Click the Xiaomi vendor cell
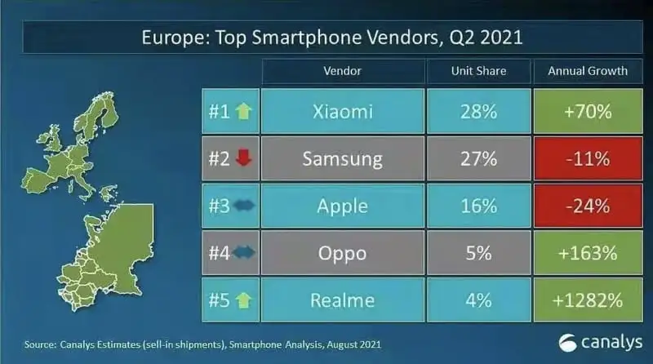click(343, 110)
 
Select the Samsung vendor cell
click(343, 158)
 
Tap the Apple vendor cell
click(343, 205)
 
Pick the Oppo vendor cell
click(343, 252)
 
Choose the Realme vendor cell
click(343, 300)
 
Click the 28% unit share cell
click(478, 110)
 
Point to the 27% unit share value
click(478, 158)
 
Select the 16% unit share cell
click(478, 205)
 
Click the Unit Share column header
click(478, 71)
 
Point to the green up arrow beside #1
click(244, 110)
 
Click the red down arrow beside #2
click(244, 158)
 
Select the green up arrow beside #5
click(244, 300)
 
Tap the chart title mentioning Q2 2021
click(326, 38)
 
